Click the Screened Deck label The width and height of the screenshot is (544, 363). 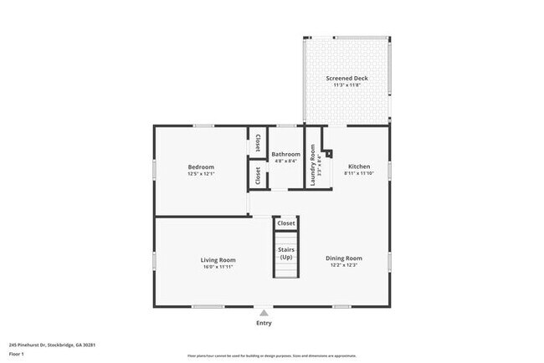point(346,79)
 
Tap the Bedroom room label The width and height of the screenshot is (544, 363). point(201,166)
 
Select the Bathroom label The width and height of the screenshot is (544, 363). point(286,154)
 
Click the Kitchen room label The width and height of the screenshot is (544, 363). point(359,166)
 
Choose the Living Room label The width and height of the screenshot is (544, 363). point(217,260)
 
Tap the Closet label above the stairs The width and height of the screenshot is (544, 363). point(286,223)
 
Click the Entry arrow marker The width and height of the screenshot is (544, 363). point(264,312)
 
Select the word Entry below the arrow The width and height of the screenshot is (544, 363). point(264,323)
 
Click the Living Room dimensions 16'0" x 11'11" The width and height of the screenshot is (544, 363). point(217,267)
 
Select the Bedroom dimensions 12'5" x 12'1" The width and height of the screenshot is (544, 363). point(201,174)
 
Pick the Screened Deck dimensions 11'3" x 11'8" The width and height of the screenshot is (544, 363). point(346,85)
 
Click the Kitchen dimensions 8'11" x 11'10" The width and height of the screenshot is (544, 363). point(359,174)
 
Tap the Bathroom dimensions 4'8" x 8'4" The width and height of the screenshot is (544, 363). point(286,161)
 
